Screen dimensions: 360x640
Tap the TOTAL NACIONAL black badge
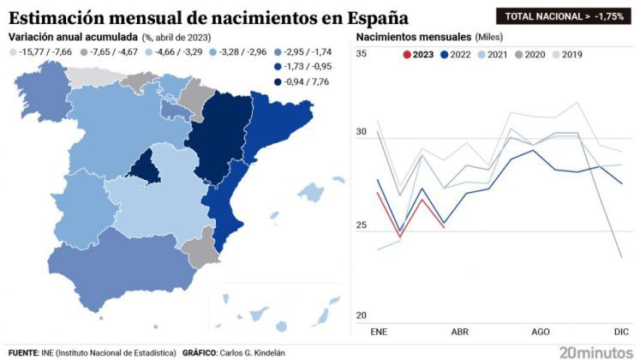tap(562, 15)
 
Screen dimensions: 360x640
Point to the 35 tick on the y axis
tap(361, 54)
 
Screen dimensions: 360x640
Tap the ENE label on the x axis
tap(378, 332)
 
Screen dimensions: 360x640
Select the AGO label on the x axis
tap(541, 332)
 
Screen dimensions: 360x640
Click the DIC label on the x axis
tap(622, 332)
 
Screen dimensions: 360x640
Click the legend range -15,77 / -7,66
tap(42, 52)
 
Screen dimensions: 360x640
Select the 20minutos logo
tap(592, 351)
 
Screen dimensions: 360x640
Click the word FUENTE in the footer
tap(24, 352)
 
